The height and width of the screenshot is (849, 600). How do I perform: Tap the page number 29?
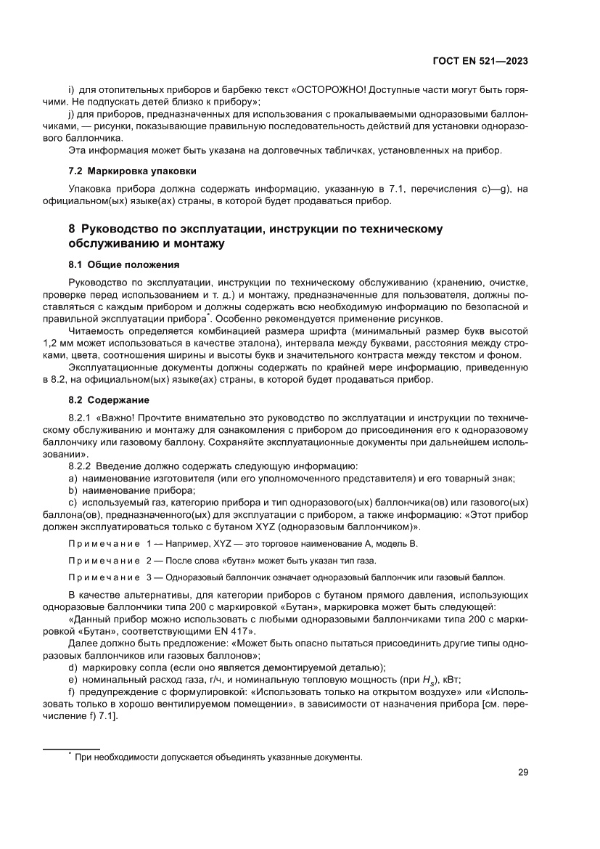pos(522,772)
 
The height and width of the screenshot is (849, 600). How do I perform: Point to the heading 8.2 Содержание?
pos(109,400)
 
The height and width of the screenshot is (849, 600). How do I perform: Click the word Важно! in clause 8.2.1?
pos(115,419)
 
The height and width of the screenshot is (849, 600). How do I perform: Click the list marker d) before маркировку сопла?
pos(73,667)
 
